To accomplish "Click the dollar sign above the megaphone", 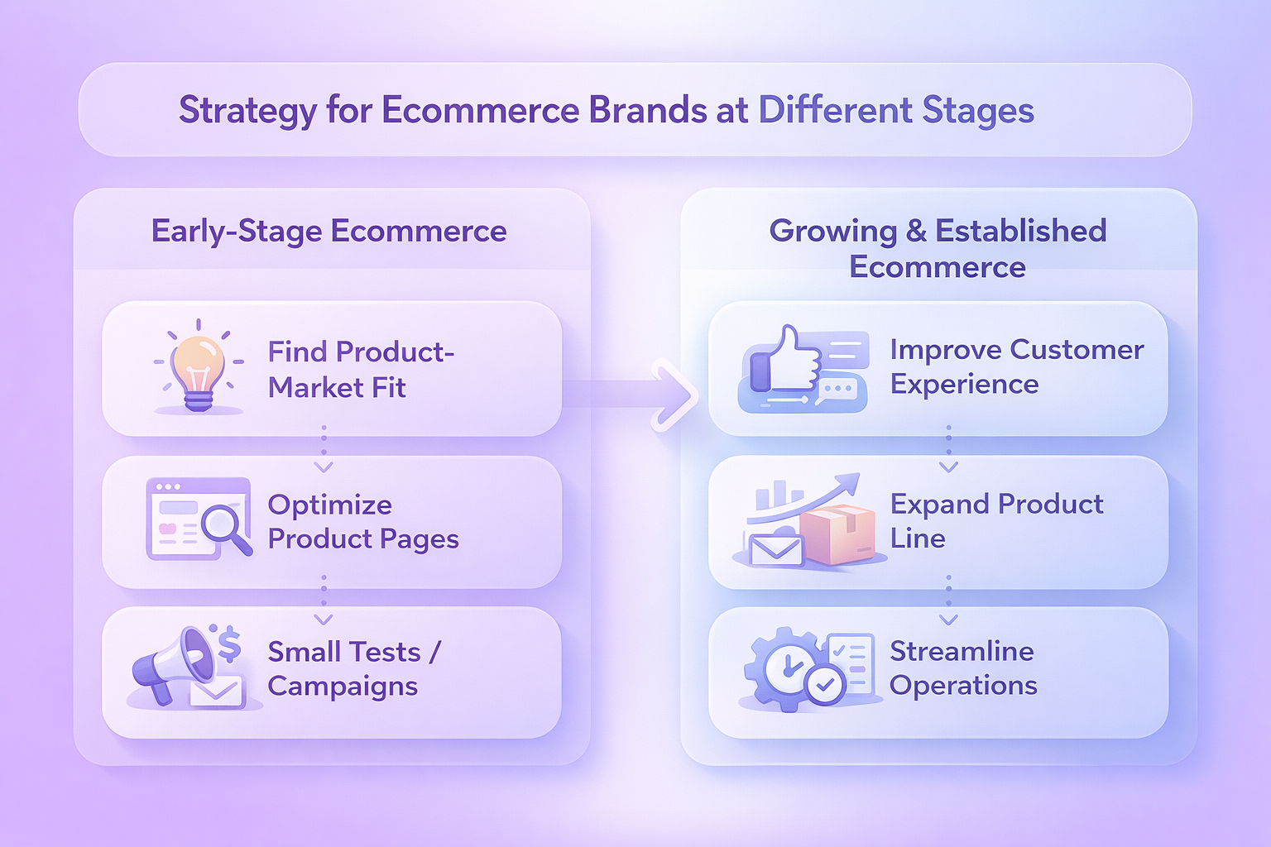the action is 229,644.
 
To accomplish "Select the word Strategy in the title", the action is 247,111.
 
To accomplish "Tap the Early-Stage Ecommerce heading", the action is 329,232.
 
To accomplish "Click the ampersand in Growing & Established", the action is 916,231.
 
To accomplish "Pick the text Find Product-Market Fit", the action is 361,369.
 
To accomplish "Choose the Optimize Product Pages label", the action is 363,522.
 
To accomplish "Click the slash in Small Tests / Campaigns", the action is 434,652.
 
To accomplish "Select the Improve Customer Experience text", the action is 1017,366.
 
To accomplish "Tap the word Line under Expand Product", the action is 918,538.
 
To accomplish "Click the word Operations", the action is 963,686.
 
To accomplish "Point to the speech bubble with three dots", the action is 837,391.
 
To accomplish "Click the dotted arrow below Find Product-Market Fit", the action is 324,449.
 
